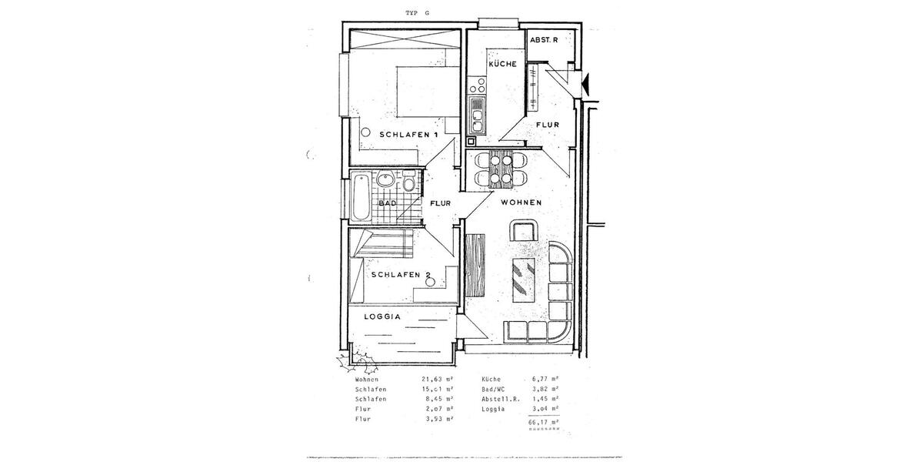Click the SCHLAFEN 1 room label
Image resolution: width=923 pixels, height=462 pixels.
(408, 135)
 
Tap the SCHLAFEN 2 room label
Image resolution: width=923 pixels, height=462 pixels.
(401, 274)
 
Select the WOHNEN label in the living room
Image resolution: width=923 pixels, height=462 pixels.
(521, 203)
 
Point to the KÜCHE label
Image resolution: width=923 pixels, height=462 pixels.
(502, 64)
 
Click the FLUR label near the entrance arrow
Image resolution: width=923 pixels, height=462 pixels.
(547, 125)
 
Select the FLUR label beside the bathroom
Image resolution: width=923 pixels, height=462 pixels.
(440, 204)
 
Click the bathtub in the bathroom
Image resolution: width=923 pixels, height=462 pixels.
(359, 197)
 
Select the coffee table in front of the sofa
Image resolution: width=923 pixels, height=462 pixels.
(525, 282)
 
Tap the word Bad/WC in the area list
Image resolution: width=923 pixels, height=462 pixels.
(496, 390)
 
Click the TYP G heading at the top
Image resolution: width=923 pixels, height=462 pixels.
(419, 13)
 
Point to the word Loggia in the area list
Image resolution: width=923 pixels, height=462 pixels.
(494, 409)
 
